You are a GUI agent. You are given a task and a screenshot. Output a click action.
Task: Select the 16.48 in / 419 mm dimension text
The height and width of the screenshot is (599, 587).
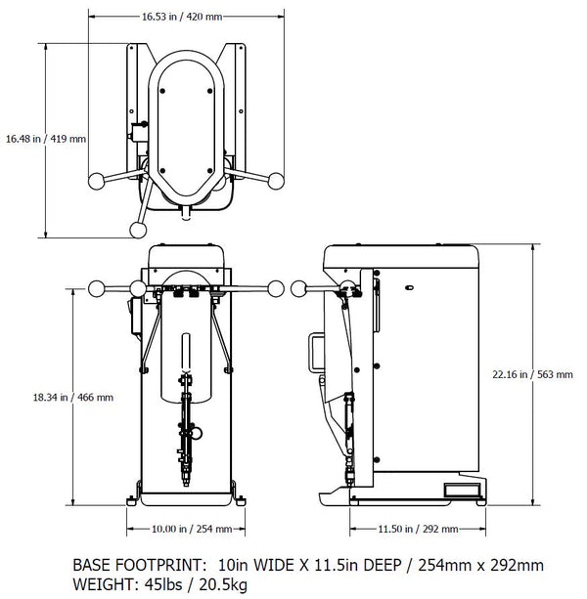point(45,138)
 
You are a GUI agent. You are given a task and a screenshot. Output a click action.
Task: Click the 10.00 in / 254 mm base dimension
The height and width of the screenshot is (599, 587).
point(192,529)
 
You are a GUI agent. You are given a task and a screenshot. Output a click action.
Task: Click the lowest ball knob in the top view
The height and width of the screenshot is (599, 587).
point(137,229)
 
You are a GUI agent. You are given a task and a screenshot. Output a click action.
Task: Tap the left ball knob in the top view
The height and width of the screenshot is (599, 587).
point(96,181)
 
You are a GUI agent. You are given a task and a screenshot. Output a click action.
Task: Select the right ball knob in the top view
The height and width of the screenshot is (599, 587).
point(276,180)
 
